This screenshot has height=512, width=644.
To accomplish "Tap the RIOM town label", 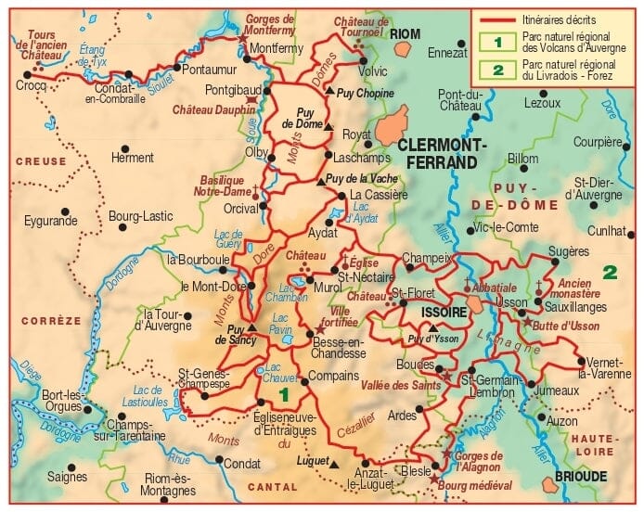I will pyautogui.click(x=405, y=33).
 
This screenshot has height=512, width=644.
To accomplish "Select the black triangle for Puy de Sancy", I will pyautogui.click(x=251, y=327).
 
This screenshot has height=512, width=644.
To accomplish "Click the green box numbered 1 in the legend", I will pyautogui.click(x=497, y=41).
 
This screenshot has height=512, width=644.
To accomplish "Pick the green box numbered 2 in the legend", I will pyautogui.click(x=497, y=69).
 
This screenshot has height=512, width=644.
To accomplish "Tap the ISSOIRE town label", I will pyautogui.click(x=442, y=313).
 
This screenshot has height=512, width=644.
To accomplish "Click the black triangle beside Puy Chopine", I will pyautogui.click(x=328, y=91).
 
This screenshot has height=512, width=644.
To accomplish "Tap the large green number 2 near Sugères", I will pyautogui.click(x=610, y=272).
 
